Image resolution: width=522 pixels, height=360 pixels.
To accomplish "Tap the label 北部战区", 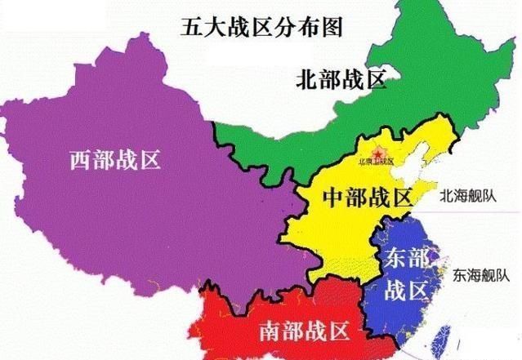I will point(340,80).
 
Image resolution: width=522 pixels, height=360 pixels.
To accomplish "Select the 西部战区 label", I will point(115,160).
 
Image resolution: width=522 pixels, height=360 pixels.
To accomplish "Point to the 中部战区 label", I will point(368,198).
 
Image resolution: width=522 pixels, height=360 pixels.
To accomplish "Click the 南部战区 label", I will point(305,331).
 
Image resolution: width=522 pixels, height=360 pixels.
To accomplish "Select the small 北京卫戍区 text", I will point(376,162).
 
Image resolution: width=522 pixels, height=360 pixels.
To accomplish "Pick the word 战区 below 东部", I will point(406,290).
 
